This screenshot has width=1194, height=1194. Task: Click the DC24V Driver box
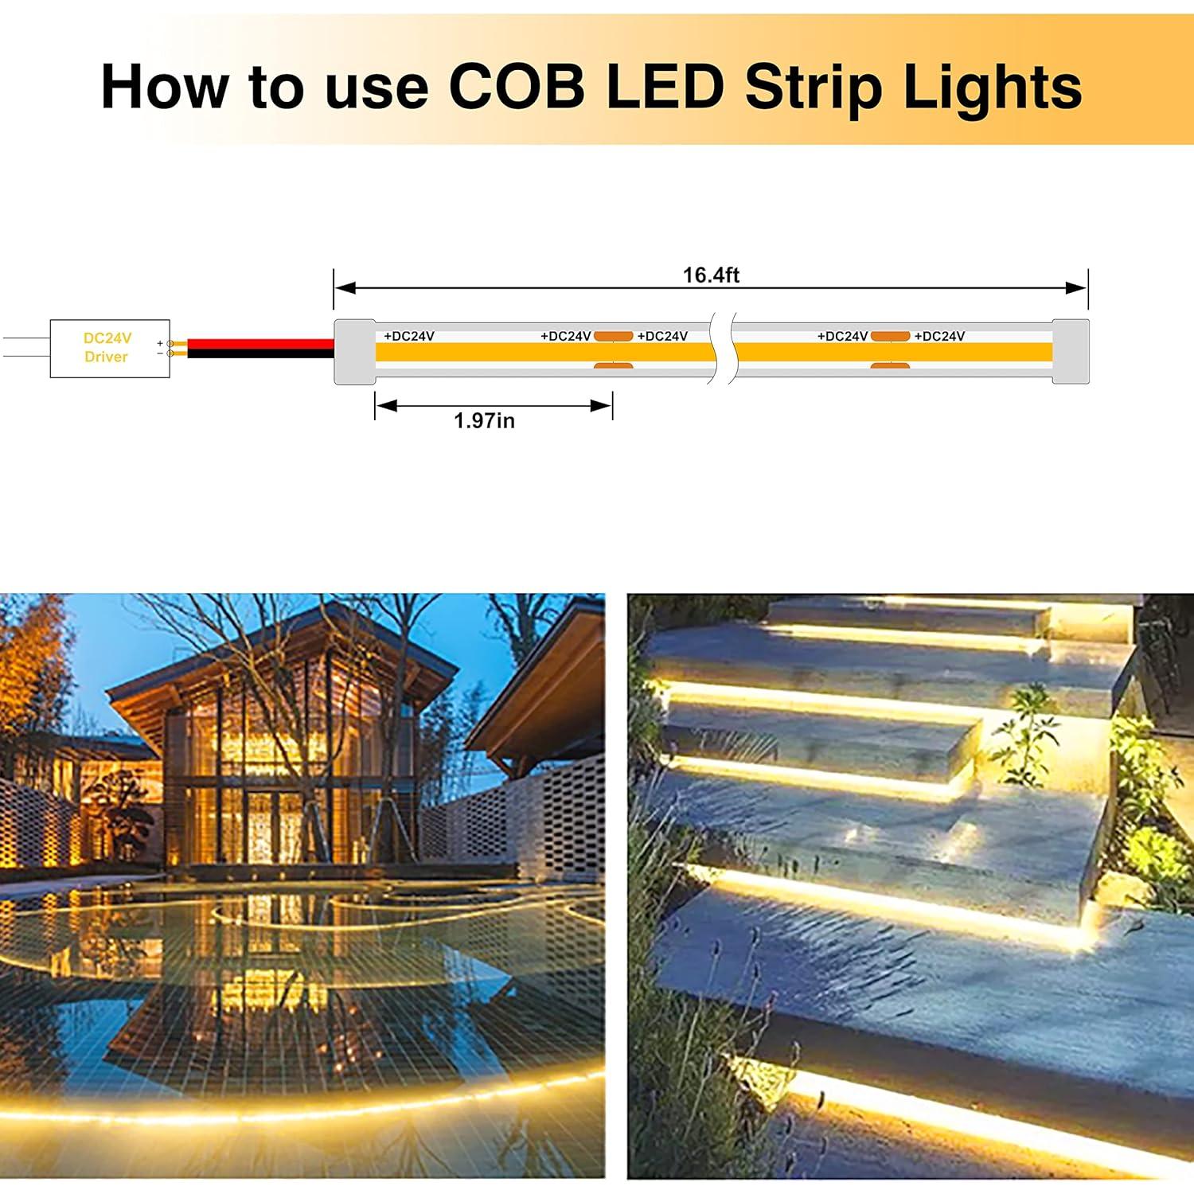pyautogui.click(x=109, y=348)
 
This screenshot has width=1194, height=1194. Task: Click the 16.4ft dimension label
pyautogui.click(x=711, y=275)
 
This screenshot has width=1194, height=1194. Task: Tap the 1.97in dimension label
pyautogui.click(x=484, y=420)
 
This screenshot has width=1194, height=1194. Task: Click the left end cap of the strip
pyautogui.click(x=354, y=352)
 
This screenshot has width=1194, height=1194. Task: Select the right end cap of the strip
pyautogui.click(x=1071, y=352)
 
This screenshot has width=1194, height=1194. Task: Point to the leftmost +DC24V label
pyautogui.click(x=409, y=336)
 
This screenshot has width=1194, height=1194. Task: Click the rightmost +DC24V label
pyautogui.click(x=939, y=336)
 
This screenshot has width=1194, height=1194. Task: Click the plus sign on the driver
pyautogui.click(x=160, y=343)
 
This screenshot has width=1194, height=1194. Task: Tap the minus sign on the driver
pyautogui.click(x=160, y=353)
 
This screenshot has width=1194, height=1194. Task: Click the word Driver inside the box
pyautogui.click(x=106, y=357)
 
